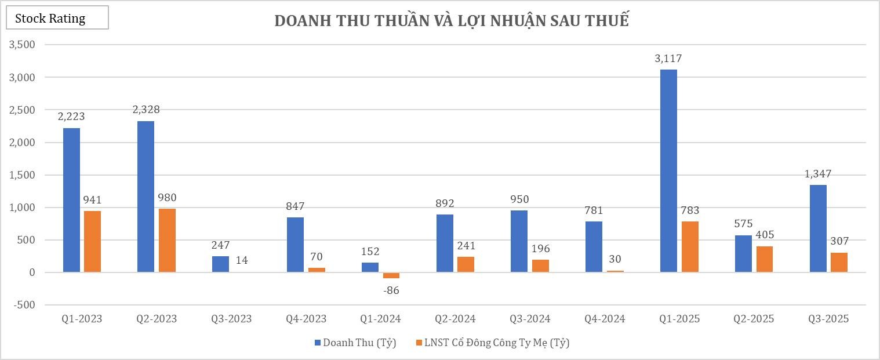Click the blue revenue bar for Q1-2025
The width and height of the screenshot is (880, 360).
(x=668, y=171)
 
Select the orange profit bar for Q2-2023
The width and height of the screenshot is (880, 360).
(x=167, y=241)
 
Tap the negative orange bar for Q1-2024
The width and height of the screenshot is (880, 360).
(x=391, y=275)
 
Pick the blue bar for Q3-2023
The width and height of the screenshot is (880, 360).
(x=220, y=264)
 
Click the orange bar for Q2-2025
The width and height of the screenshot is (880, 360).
(x=764, y=259)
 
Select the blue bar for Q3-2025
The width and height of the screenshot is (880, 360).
(x=818, y=228)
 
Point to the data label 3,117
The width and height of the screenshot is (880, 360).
(x=668, y=59)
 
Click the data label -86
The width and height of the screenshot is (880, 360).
(x=391, y=290)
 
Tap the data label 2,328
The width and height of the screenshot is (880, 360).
(x=146, y=110)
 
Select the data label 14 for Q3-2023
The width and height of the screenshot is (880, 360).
(x=242, y=260)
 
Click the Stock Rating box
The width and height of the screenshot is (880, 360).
(x=57, y=18)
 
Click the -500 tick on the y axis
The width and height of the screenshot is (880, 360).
(x=23, y=305)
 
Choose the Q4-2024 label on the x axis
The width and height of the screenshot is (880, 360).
(x=605, y=319)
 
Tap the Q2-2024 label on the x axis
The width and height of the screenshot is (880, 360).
(x=455, y=319)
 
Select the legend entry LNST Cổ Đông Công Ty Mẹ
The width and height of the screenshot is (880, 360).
(x=496, y=343)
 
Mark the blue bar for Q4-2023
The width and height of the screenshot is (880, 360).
(x=295, y=245)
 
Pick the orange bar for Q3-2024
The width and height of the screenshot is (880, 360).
(x=540, y=266)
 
